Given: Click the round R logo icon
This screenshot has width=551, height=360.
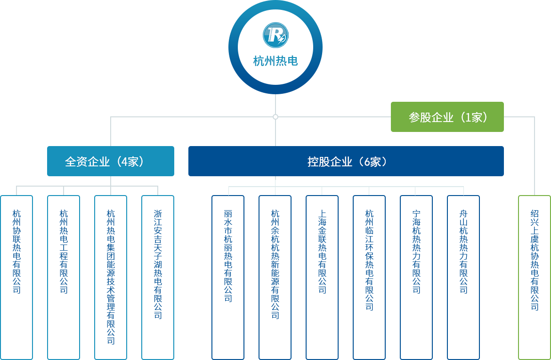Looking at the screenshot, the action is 275,35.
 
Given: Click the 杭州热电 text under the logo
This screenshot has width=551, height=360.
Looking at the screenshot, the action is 275,61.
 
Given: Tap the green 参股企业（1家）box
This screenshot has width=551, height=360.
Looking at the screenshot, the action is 447,117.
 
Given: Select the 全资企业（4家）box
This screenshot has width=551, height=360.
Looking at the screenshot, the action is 111,161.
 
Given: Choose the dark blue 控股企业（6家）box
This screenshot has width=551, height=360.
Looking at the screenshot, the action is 346,161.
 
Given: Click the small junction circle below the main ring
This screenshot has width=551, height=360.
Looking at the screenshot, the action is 275,117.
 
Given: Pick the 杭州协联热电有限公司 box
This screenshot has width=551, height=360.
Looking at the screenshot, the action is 16,278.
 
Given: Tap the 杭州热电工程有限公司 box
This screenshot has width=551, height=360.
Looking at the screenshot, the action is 64,278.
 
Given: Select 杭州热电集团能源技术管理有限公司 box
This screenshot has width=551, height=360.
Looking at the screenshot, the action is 111,278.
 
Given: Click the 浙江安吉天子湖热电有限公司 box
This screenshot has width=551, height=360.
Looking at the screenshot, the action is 158,278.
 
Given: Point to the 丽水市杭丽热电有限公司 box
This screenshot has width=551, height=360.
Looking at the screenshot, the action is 228,278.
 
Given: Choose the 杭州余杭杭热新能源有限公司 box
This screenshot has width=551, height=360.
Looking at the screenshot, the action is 275,278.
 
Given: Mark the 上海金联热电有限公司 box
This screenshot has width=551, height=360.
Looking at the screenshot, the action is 322,278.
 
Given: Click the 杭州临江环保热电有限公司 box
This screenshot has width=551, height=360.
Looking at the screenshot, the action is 369,278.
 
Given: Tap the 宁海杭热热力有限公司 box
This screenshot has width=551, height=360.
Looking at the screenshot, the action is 416,278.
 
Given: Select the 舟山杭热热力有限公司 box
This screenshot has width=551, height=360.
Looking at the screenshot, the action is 463,278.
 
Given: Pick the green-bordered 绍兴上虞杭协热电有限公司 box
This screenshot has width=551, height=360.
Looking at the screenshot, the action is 535,278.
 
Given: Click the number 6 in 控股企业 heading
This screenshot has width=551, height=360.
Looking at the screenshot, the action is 367,162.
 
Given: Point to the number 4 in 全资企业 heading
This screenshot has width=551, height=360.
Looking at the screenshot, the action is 124,162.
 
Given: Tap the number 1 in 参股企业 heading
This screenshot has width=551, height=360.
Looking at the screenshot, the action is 469,117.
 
